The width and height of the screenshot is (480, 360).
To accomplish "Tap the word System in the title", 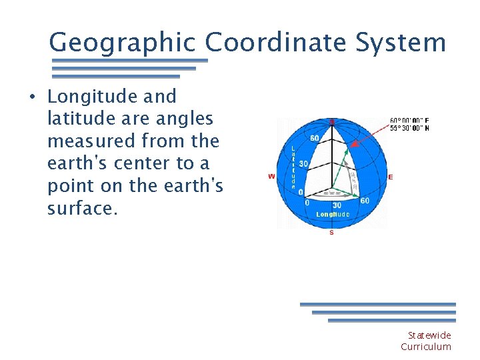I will tap(406, 43).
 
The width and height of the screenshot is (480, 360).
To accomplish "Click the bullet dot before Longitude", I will tap(32, 97).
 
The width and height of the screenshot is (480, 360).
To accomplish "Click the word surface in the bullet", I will tap(82, 209).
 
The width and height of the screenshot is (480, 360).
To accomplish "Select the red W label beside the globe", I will tap(271, 177).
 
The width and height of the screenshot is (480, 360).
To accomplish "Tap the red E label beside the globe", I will tap(390, 177).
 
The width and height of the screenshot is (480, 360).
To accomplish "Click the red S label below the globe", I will tap(331, 233).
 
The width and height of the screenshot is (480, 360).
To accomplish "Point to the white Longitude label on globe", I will tap(332, 214).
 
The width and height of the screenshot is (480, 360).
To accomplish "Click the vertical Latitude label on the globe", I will tap(293, 167).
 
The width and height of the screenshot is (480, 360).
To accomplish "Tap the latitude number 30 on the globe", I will tap(303, 164).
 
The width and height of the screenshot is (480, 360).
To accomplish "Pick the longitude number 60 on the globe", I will tap(364, 201).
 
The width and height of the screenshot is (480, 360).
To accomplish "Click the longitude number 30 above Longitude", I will tap(337, 205).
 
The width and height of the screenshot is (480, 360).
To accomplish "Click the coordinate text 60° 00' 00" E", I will tap(409, 121).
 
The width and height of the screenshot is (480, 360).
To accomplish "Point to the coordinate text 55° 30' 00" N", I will tap(409, 128).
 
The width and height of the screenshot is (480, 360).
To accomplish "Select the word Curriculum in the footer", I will tap(425, 347).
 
